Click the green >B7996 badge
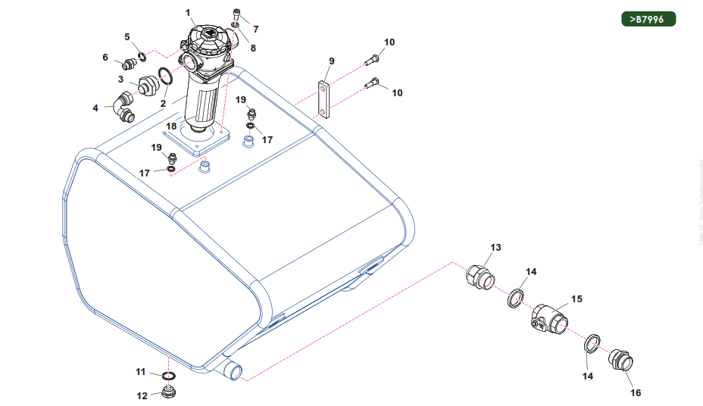click(x=648, y=20)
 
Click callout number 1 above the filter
click(x=189, y=13)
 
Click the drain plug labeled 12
click(x=167, y=393)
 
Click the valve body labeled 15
click(x=549, y=318)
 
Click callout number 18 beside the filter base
click(x=172, y=126)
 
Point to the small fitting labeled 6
click(x=129, y=64)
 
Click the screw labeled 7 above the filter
click(x=238, y=14)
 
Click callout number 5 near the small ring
click(x=127, y=37)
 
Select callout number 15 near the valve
click(x=576, y=299)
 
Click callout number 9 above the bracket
click(x=331, y=61)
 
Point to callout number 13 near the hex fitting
click(x=495, y=248)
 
